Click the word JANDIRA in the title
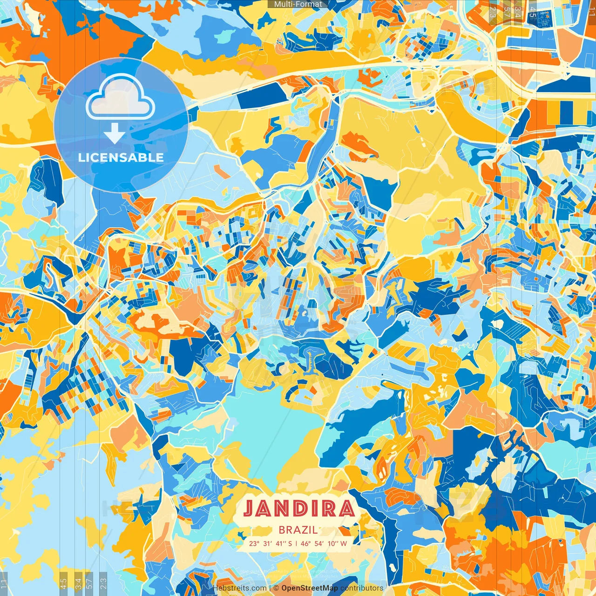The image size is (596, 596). pyautogui.click(x=298, y=509)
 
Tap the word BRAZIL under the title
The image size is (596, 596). pyautogui.click(x=298, y=530)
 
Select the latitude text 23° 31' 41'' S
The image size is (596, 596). pyautogui.click(x=271, y=543)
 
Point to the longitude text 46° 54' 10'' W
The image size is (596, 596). pyautogui.click(x=324, y=543)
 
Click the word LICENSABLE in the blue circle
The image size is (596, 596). pyautogui.click(x=121, y=157)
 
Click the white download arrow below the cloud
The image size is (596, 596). pyautogui.click(x=114, y=134)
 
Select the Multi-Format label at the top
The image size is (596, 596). pyautogui.click(x=298, y=4)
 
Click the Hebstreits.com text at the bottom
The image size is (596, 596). pyautogui.click(x=240, y=588)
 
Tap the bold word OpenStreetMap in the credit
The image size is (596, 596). pyautogui.click(x=310, y=588)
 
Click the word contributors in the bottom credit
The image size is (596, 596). pyautogui.click(x=362, y=588)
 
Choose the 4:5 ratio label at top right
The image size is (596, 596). pyautogui.click(x=533, y=12)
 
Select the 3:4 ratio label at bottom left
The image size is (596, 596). pyautogui.click(x=78, y=582)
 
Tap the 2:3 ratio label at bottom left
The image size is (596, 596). pyautogui.click(x=103, y=582)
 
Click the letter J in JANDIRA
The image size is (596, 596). pyautogui.click(x=250, y=509)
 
